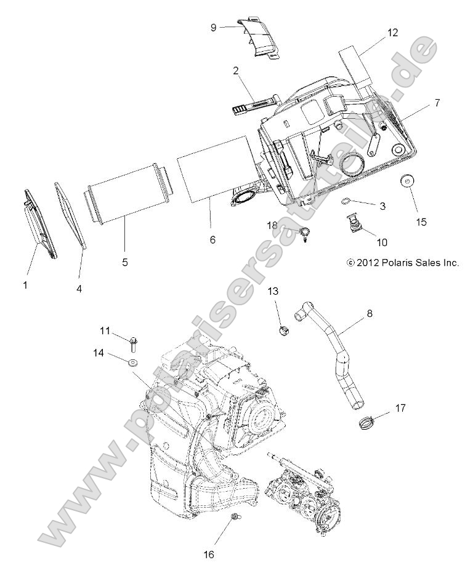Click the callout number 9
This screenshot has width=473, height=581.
(x=213, y=28)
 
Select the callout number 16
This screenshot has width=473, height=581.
(x=209, y=554)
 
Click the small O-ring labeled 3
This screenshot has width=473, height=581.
(x=347, y=201)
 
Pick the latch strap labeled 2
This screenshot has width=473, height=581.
(x=253, y=101)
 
